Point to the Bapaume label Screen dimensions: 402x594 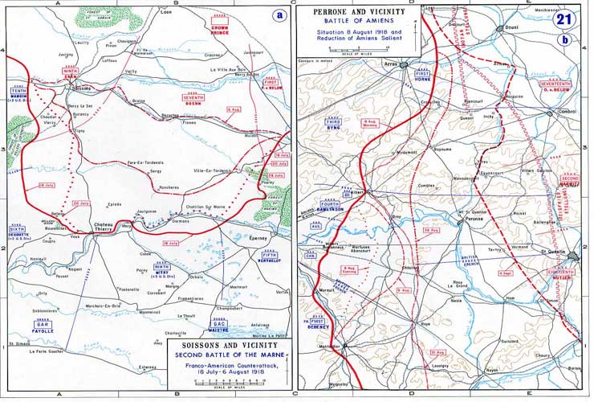tap(443, 150)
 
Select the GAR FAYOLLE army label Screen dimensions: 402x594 tap(41, 327)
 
